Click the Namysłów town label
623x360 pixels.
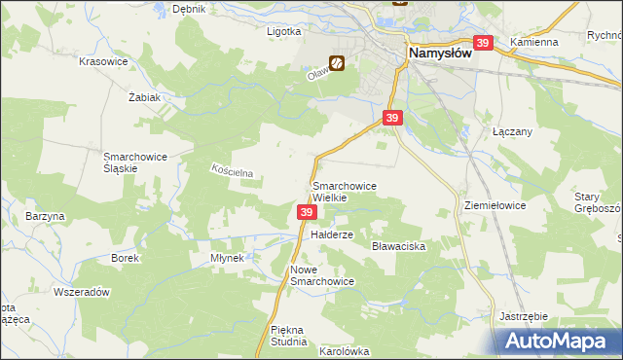[x=439, y=54]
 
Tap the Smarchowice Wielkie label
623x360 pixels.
[x=344, y=191]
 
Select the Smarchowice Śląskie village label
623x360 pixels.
[x=136, y=162]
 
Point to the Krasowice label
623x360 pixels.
[x=104, y=60]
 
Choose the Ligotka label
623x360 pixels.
[x=284, y=30]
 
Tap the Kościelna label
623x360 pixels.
[x=233, y=171]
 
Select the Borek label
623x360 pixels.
[x=125, y=258]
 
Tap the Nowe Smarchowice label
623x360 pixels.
[x=321, y=274]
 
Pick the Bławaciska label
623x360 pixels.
[x=399, y=247]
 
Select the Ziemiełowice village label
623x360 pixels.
[x=495, y=206]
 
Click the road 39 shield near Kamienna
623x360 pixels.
[x=483, y=43]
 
